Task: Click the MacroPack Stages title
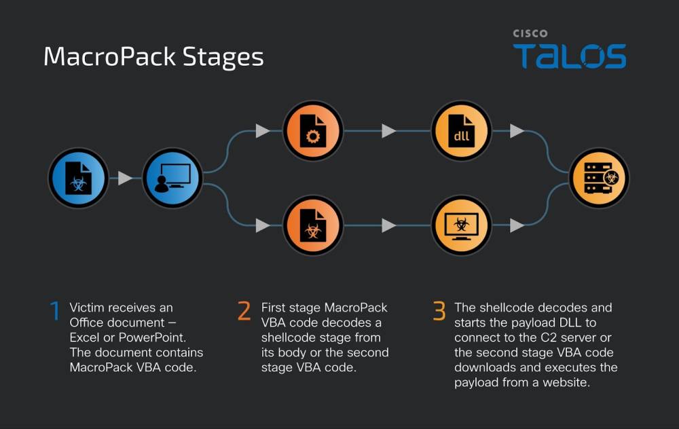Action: tap(153, 56)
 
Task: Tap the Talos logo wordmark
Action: tap(569, 56)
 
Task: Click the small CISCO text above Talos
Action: tap(530, 33)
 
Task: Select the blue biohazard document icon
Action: tap(78, 178)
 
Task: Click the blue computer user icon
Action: tap(172, 178)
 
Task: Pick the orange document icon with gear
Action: tap(312, 131)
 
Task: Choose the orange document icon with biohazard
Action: tap(312, 225)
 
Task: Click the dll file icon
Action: tap(461, 131)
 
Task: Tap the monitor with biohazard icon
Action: tap(461, 225)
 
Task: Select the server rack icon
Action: tap(599, 178)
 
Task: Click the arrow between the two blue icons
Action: tap(125, 179)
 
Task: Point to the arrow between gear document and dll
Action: tap(388, 131)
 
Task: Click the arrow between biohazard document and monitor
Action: tap(388, 225)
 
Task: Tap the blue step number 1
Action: tap(55, 312)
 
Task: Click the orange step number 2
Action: tap(244, 312)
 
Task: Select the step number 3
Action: tap(439, 312)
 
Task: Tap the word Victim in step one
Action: tap(86, 308)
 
